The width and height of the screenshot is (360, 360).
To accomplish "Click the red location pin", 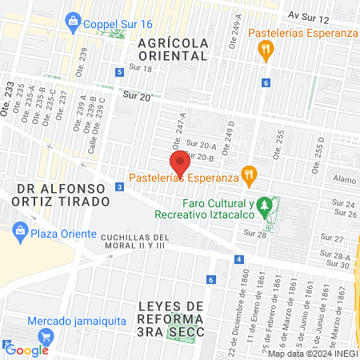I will pyautogui.click(x=180, y=163).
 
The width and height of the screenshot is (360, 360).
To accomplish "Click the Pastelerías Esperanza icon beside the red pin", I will pyautogui.click(x=250, y=174).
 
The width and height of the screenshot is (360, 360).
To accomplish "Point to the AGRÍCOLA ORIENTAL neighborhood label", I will pyautogui.click(x=172, y=49).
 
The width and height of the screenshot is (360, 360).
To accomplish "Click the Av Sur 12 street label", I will pyautogui.click(x=310, y=16).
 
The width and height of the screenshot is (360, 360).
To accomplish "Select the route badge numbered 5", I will pyautogui.click(x=119, y=72).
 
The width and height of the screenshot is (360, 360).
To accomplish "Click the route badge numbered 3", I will pyautogui.click(x=119, y=186).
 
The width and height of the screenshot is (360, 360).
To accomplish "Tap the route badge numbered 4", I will pyautogui.click(x=238, y=259).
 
